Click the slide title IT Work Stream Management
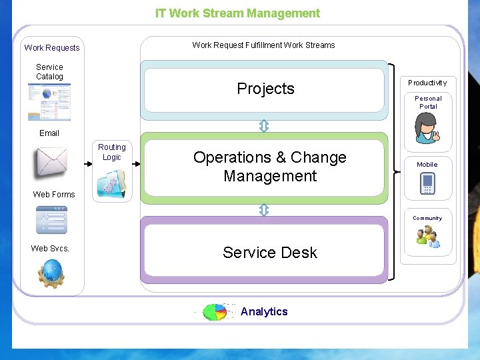pyautogui.click(x=237, y=13)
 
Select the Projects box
pyautogui.click(x=265, y=89)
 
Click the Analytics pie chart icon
pyautogui.click(x=215, y=312)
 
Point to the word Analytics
pyautogui.click(x=264, y=312)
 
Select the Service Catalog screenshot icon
pyautogui.click(x=49, y=101)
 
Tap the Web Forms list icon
pyautogui.click(x=51, y=219)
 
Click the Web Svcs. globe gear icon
pyautogui.click(x=51, y=273)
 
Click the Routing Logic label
pyautogui.click(x=112, y=152)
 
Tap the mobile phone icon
pyautogui.click(x=427, y=183)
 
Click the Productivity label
pyautogui.click(x=427, y=83)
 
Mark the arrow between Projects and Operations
pyautogui.click(x=263, y=126)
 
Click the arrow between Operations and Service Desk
pyautogui.click(x=263, y=210)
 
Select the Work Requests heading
pyautogui.click(x=52, y=48)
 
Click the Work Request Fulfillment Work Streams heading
pyautogui.click(x=263, y=45)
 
